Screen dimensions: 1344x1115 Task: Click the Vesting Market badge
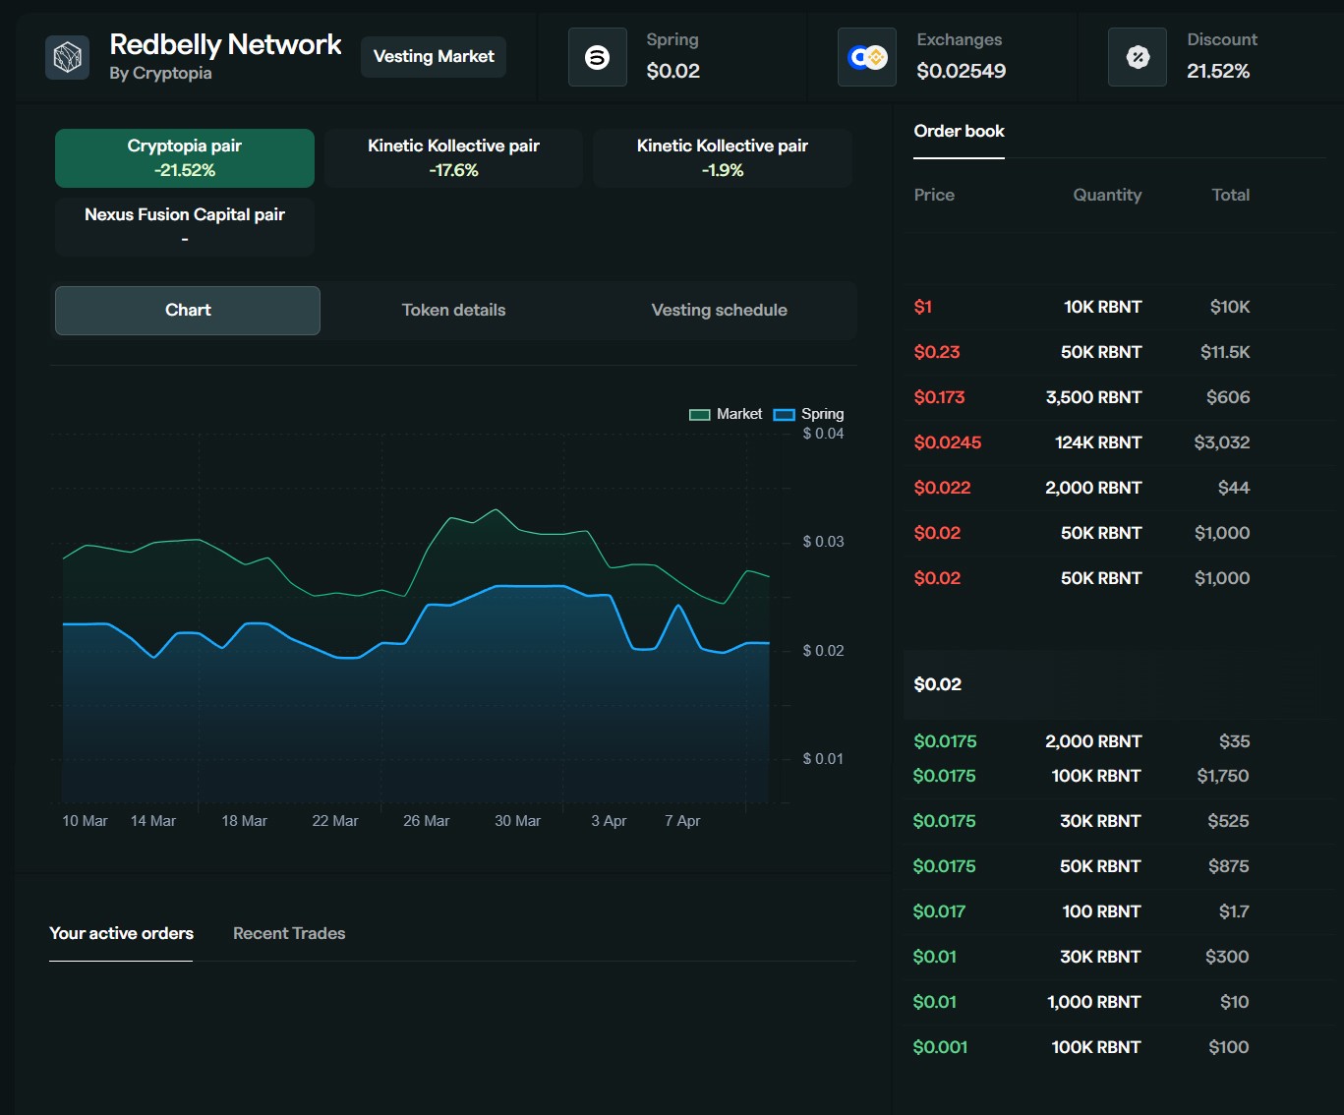coord(434,57)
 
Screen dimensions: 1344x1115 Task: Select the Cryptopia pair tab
coord(185,157)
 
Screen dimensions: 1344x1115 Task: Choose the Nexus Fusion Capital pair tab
coord(185,226)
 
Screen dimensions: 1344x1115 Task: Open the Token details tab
coord(454,311)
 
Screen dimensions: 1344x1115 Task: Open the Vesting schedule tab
coord(719,311)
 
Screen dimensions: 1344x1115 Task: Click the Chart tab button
coord(188,311)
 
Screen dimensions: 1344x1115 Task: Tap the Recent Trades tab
coord(289,933)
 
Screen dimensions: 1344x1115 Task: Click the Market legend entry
coord(726,414)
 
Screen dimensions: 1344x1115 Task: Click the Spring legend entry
coord(808,414)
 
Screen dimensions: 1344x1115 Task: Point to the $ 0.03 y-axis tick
coord(823,542)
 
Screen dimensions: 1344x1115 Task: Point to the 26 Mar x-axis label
coord(426,821)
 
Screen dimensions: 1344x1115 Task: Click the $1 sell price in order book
coord(923,307)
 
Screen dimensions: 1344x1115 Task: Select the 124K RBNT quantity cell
coord(1098,442)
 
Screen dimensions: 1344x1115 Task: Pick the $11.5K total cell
coord(1225,352)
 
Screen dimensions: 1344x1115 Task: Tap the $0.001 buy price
coord(940,1047)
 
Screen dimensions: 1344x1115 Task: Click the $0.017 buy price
coord(939,911)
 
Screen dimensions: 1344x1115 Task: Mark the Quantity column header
coord(1107,195)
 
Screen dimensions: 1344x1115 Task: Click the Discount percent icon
coord(1138,57)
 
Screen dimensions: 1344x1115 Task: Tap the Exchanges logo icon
coord(867,57)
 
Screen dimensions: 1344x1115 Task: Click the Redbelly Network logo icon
coord(68,57)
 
